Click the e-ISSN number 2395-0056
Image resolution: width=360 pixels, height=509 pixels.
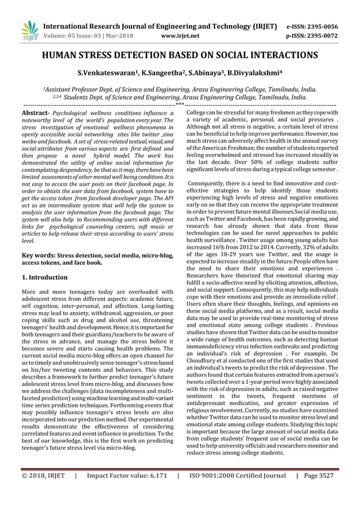coord(336,26)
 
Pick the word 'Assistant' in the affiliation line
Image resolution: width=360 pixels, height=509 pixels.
coord(63,89)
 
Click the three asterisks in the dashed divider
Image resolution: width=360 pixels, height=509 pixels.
coord(179,104)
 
